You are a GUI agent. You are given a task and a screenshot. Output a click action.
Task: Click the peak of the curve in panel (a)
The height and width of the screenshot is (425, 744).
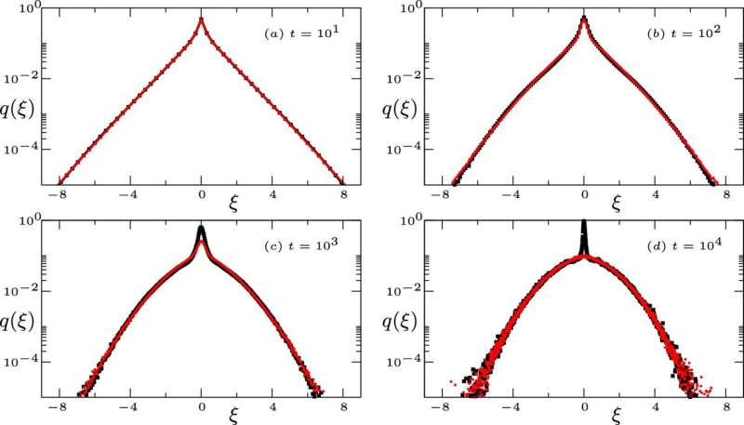point(202,18)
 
